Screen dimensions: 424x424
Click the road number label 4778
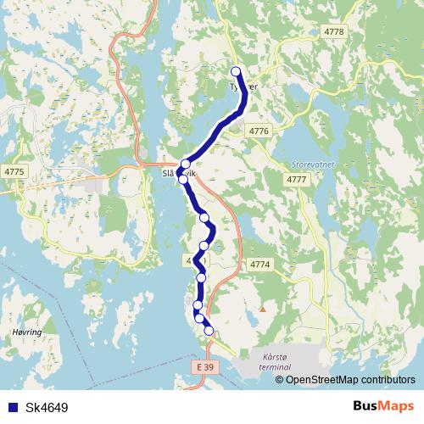[x=335, y=31]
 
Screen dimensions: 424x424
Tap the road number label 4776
[x=259, y=131]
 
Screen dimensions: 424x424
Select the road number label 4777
[x=296, y=180]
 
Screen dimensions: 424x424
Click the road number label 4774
[x=259, y=265]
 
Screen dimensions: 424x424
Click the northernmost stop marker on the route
[x=236, y=71]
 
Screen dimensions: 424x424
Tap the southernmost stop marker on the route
[x=209, y=331]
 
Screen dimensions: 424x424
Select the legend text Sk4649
[x=47, y=407]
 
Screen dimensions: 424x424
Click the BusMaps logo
[x=383, y=406]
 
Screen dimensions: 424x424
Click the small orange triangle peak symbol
[x=262, y=309]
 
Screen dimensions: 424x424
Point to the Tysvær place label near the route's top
[x=242, y=86]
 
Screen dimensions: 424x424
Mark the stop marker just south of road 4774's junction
[x=201, y=277]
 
